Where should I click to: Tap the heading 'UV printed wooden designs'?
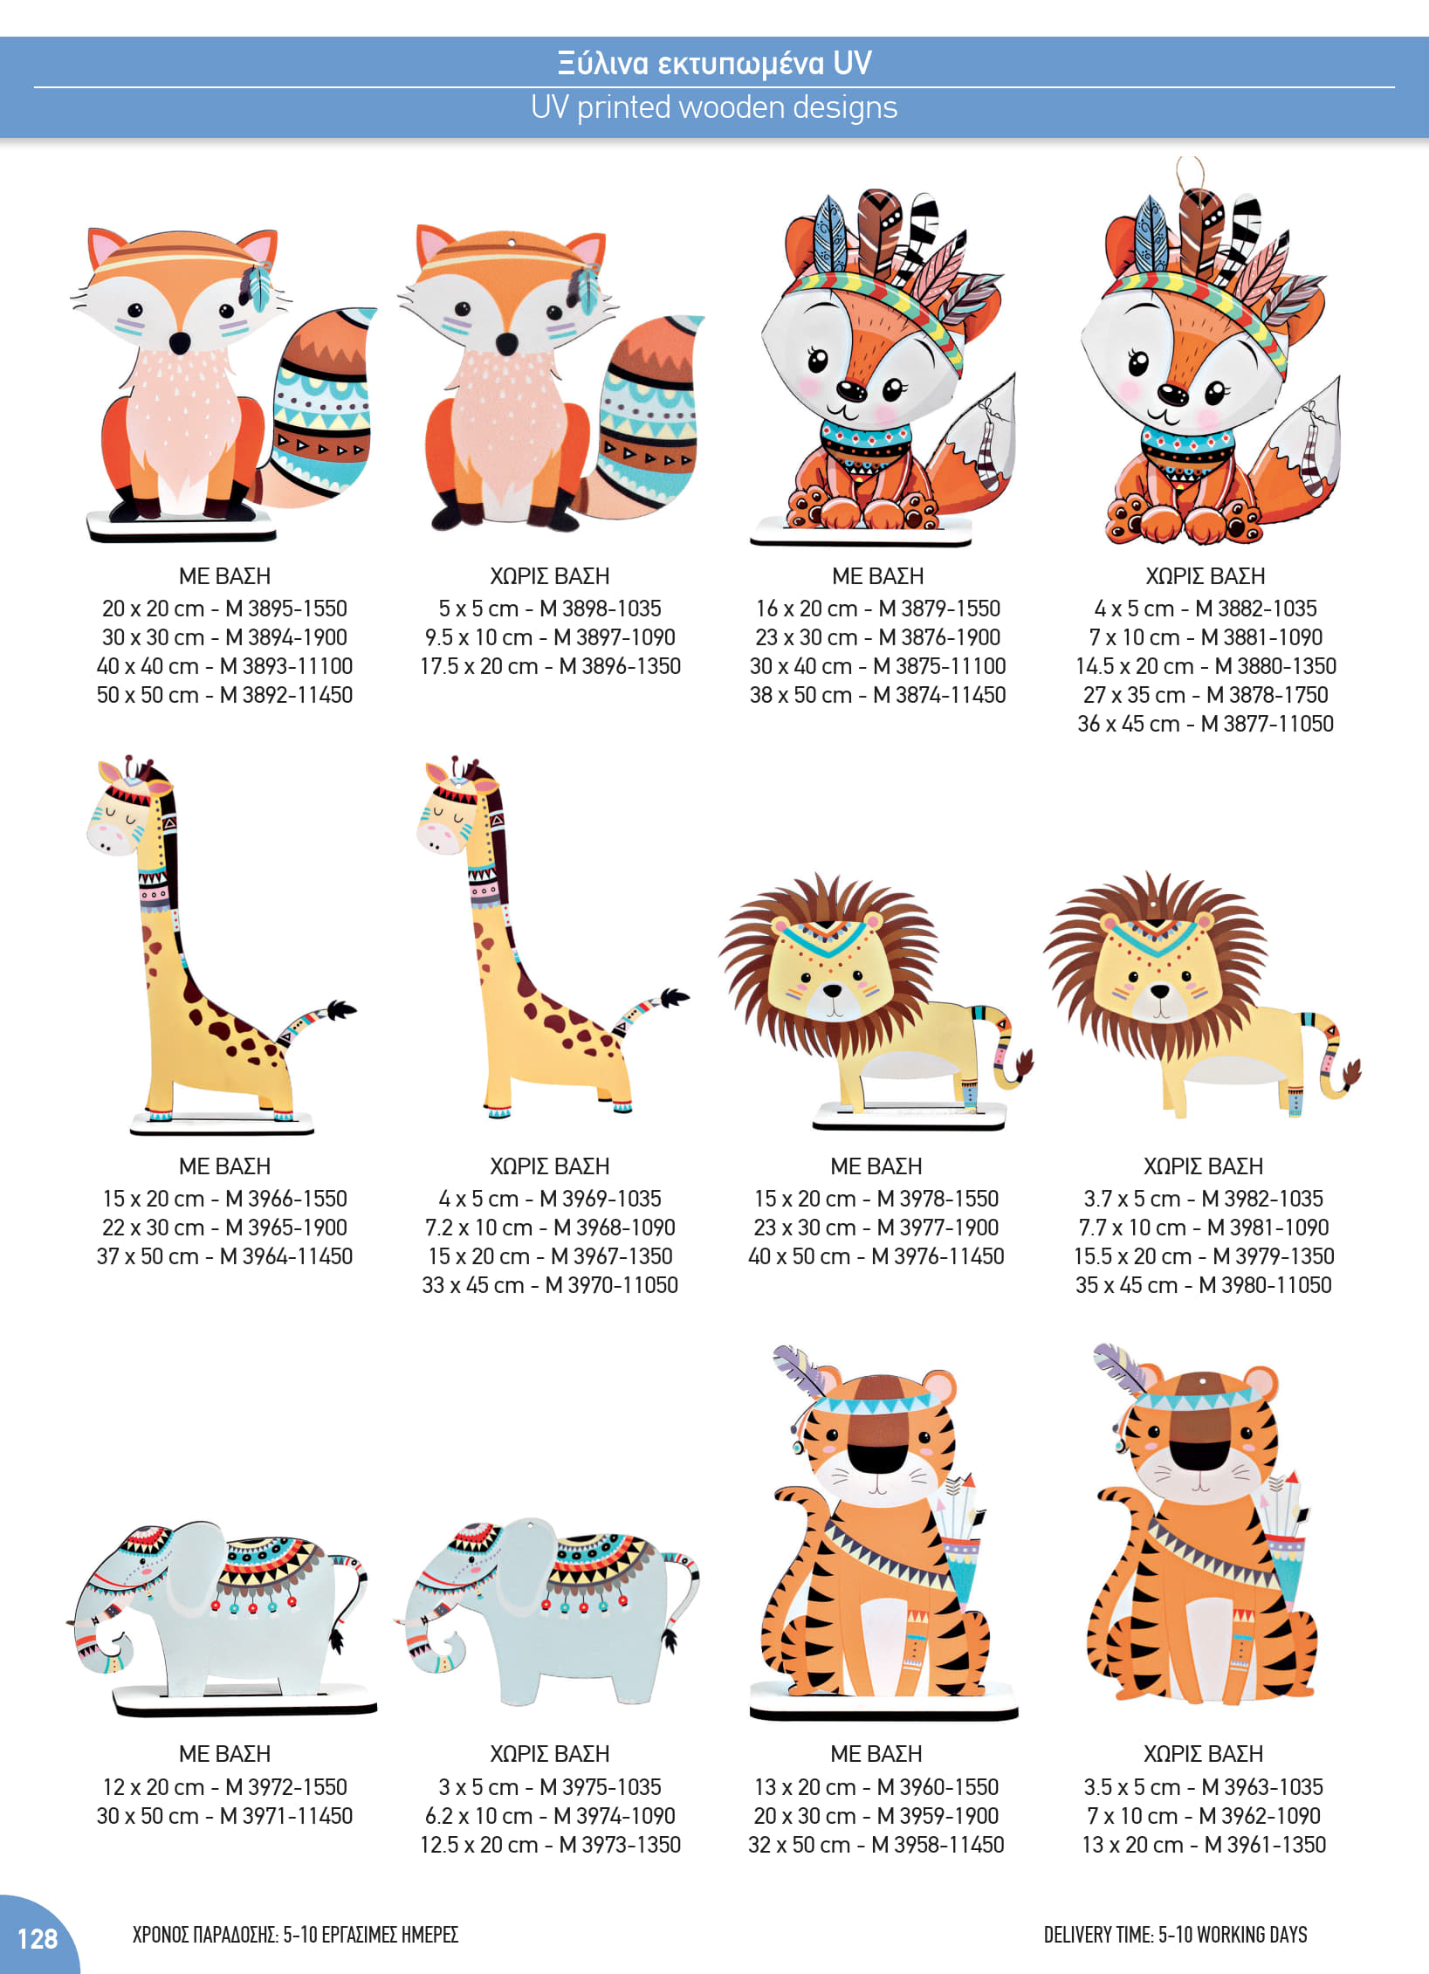coord(714,107)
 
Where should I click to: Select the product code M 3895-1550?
coord(286,609)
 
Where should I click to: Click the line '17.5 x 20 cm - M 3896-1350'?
coord(550,666)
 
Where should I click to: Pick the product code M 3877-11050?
coord(1268,724)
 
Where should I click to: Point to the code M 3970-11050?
coord(612,1285)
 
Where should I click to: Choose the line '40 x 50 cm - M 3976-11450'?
coord(876,1256)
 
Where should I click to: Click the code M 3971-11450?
coord(286,1816)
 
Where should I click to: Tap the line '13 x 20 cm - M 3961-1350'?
coord(1204,1845)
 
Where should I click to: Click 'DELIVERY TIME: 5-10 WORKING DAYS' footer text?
coord(1176,1935)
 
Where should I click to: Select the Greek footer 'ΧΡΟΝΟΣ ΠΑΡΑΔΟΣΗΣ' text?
coord(205,1935)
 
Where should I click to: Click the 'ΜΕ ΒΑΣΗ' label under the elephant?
coord(224,1754)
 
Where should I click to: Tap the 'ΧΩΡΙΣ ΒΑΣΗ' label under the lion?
coord(1204,1166)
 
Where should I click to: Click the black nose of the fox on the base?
coord(180,342)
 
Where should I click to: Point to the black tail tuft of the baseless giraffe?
coord(674,998)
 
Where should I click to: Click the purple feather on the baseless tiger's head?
coord(1120,1366)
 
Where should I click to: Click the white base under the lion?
coord(908,1117)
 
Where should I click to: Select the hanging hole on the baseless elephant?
coord(532,1527)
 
